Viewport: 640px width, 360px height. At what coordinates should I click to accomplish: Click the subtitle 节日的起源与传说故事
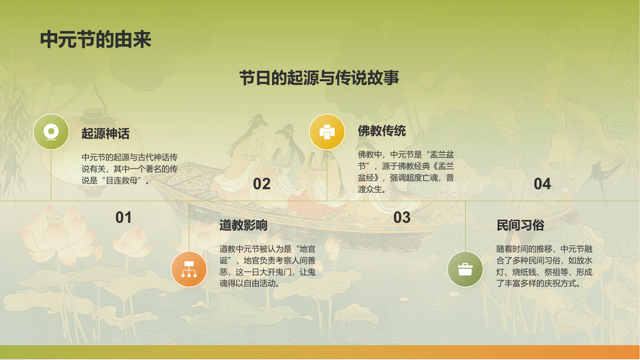[319, 78]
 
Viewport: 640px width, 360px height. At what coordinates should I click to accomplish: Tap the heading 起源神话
[106, 134]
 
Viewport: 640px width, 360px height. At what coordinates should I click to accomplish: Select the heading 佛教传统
[382, 131]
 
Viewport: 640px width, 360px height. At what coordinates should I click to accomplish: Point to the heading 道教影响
[243, 225]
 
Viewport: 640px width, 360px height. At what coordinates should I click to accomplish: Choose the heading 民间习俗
[520, 225]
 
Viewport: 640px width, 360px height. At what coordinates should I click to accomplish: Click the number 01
[123, 218]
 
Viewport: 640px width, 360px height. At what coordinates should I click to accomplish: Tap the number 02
[262, 184]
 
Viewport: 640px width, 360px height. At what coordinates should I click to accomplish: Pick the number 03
[402, 218]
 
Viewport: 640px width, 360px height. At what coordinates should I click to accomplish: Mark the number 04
[542, 184]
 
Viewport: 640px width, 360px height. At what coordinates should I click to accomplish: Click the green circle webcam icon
[51, 132]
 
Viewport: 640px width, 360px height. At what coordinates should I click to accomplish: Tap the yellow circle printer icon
[327, 132]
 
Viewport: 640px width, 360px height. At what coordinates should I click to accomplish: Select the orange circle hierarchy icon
[189, 269]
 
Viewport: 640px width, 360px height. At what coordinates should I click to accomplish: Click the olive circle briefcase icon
[465, 269]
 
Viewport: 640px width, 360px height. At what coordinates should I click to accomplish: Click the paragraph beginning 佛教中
[406, 172]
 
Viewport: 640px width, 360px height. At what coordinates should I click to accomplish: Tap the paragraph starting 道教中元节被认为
[267, 266]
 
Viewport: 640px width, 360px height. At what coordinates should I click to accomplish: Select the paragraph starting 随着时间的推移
[544, 266]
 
